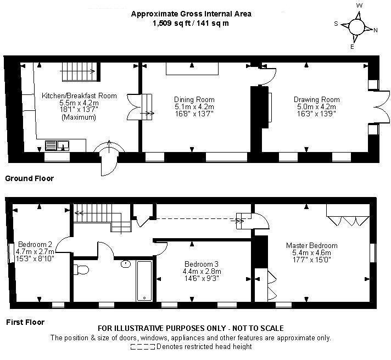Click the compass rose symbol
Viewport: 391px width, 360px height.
coord(357,26)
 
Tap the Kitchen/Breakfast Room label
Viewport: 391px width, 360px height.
coord(79,95)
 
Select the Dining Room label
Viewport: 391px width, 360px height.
coord(190,99)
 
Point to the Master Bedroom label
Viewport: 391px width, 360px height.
coord(311,245)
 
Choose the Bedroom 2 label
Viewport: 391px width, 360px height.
coord(35,244)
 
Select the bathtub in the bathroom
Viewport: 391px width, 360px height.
coord(144,280)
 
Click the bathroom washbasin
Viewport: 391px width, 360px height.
coord(126,263)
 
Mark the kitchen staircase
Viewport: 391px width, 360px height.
coord(80,71)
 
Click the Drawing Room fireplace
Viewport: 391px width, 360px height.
coord(269,106)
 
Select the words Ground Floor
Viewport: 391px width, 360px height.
coord(29,178)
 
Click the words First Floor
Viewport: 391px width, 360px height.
coord(25,322)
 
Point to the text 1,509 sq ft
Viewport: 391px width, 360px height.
coord(166,24)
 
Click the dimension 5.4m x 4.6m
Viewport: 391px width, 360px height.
coord(311,253)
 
